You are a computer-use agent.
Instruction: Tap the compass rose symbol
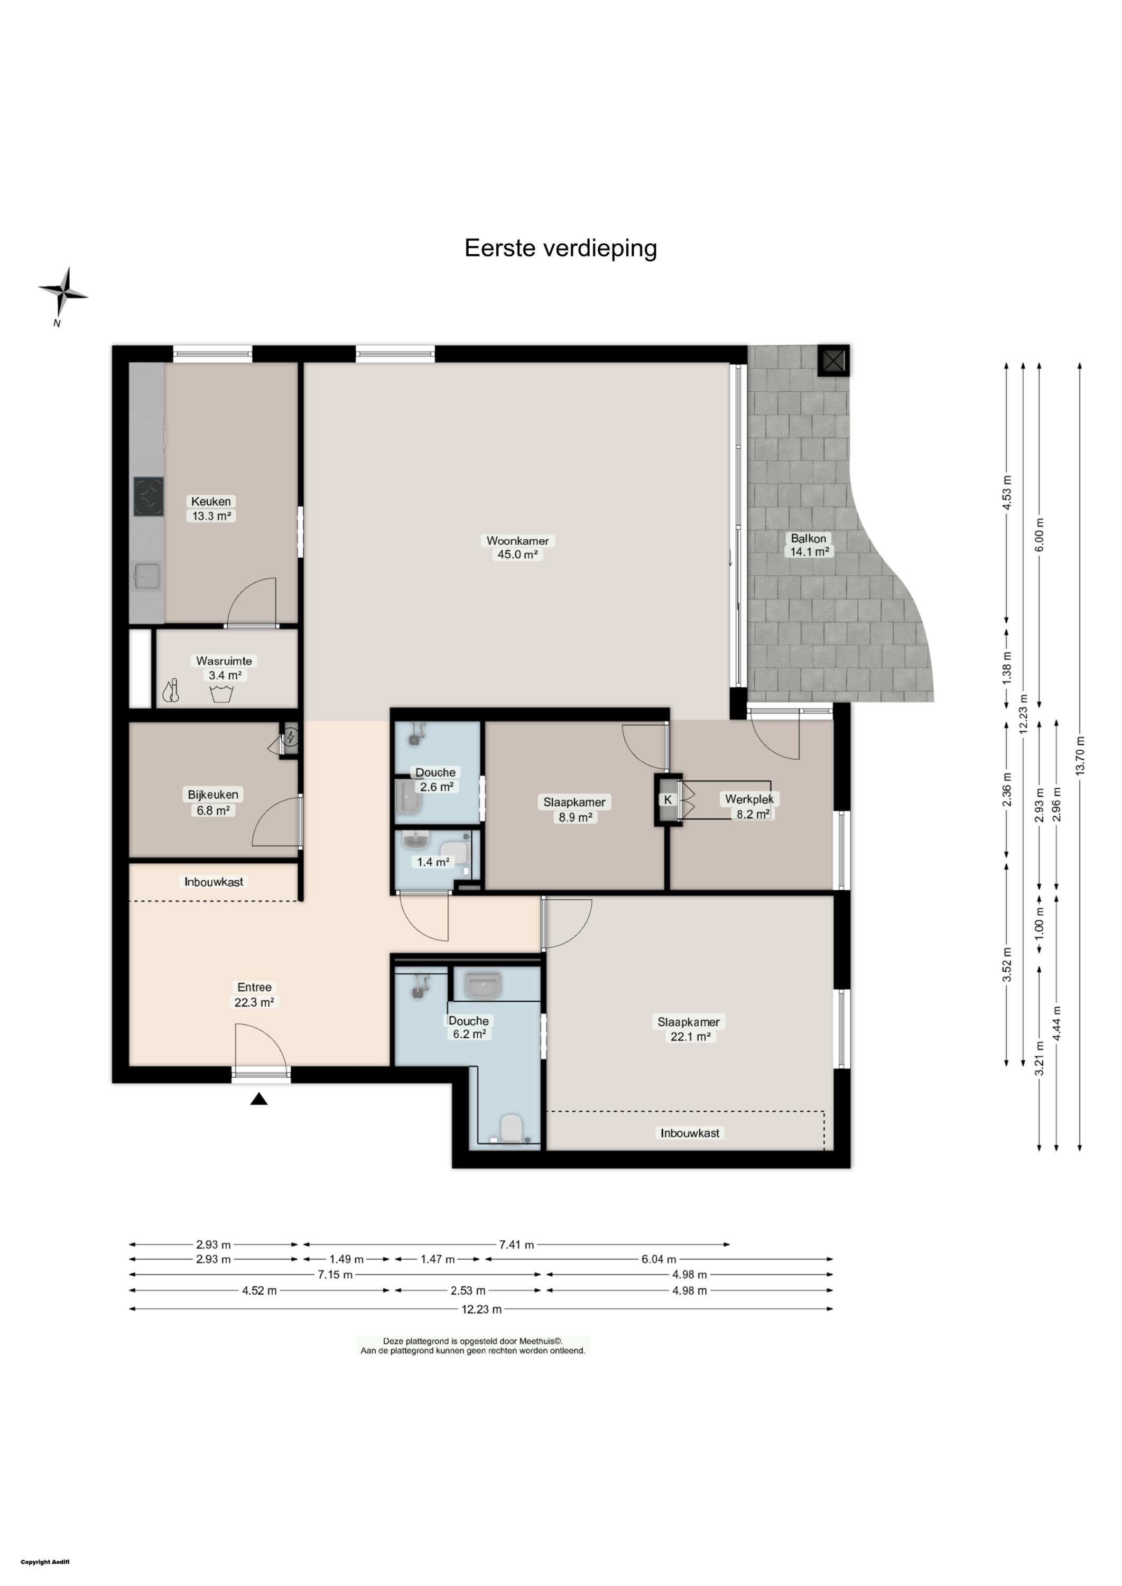(x=63, y=292)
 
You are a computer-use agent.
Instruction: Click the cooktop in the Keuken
(x=149, y=496)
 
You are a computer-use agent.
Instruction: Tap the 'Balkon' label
(x=809, y=538)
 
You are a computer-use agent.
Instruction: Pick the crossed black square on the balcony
(x=834, y=360)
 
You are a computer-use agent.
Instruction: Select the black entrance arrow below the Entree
(x=258, y=1099)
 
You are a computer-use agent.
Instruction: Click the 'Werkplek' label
(x=749, y=799)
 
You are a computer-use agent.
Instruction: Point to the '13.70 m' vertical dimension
(x=1080, y=755)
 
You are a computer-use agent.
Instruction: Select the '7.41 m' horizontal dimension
(x=517, y=1244)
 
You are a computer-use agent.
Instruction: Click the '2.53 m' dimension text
(x=468, y=1291)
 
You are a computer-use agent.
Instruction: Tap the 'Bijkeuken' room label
(x=213, y=795)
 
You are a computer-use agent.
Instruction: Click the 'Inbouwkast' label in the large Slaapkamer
(x=690, y=1133)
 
